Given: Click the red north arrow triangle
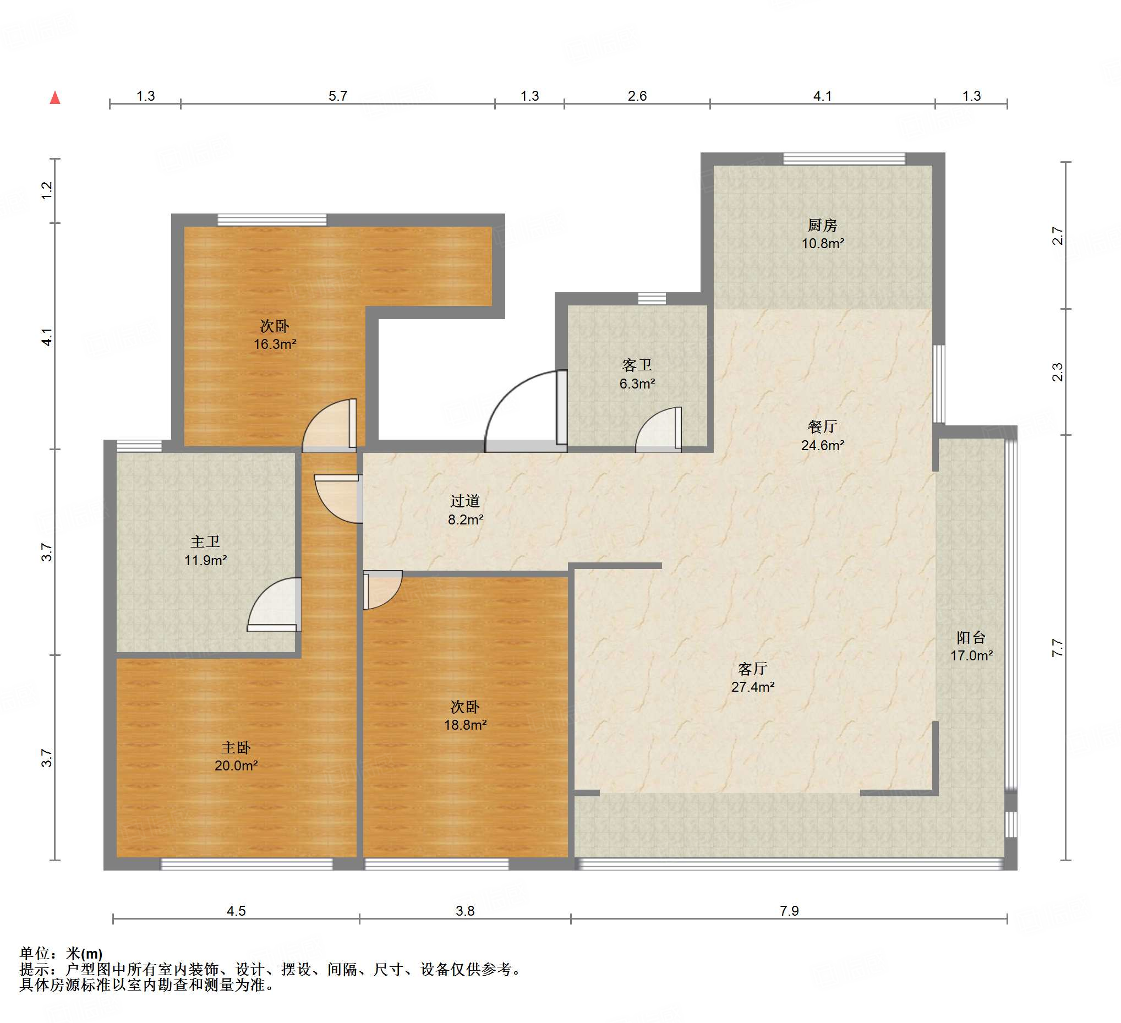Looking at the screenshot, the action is click(x=55, y=98).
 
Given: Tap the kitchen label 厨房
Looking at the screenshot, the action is click(x=822, y=225).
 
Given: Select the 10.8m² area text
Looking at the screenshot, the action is click(x=823, y=244).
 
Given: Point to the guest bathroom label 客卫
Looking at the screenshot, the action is click(x=637, y=365).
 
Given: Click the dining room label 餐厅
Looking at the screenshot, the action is click(x=822, y=426).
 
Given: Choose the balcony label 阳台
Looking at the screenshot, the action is click(x=971, y=637).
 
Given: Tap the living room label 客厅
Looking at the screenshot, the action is click(x=753, y=668).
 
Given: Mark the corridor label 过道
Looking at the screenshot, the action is click(x=466, y=501).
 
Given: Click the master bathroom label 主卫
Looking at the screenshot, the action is click(x=205, y=541).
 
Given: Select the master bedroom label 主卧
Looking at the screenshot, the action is click(x=236, y=747).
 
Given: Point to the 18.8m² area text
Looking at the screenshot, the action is click(x=466, y=725).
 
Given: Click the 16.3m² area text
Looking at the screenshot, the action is click(x=275, y=344).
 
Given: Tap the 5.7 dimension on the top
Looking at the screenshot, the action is click(x=337, y=96).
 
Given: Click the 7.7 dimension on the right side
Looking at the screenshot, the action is click(x=1057, y=648).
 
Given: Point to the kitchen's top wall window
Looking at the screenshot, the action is click(x=844, y=159).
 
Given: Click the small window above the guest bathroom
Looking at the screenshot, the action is click(x=652, y=299).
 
